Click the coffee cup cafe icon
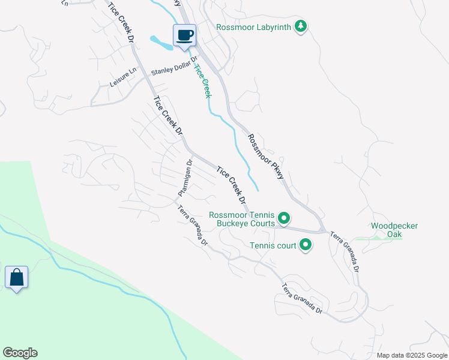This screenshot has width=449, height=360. coord(185,35)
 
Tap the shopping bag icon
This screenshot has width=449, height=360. coord(16,278)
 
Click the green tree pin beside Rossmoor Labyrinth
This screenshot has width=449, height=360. coord(301,27)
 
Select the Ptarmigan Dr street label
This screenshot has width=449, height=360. coord(184,178)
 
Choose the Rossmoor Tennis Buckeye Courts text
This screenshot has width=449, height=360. coord(242,219)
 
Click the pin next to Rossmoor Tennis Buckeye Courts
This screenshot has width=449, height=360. coord(285,218)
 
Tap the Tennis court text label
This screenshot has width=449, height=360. coord(273,245)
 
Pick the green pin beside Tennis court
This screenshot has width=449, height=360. coord(306,244)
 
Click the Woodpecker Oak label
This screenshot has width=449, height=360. coord(394,230)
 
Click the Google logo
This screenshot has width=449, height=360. coord(20,353)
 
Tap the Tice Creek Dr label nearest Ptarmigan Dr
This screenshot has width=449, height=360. coord(232,184)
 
